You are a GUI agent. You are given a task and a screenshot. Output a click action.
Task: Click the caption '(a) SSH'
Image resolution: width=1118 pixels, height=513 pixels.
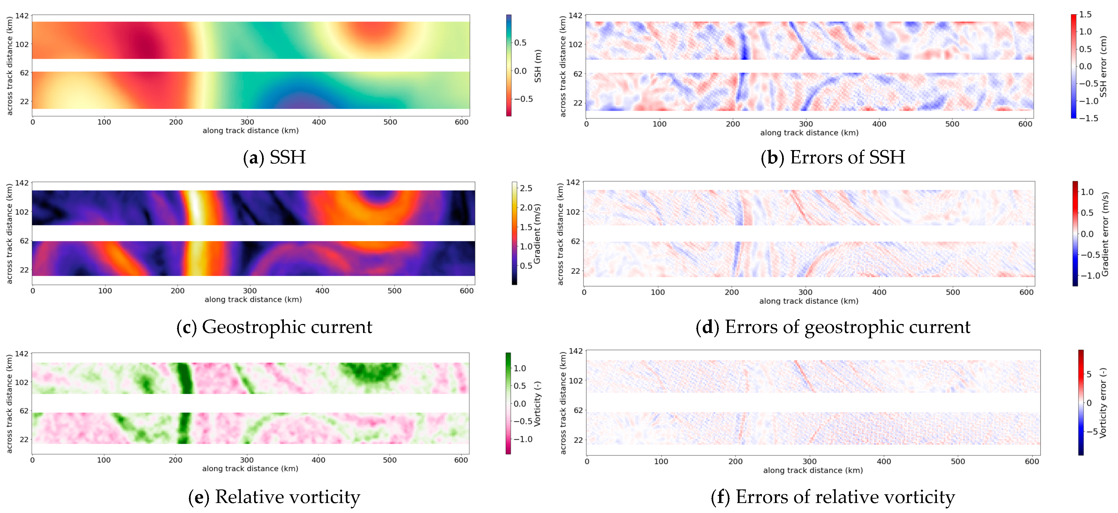pos(274,157)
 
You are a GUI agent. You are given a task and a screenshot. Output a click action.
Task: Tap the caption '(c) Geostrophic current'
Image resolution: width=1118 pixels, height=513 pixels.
pos(274,327)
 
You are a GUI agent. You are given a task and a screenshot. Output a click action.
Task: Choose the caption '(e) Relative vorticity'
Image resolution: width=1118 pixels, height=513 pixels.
pos(274,497)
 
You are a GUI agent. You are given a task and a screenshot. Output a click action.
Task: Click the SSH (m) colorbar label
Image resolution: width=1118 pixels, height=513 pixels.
pos(538,66)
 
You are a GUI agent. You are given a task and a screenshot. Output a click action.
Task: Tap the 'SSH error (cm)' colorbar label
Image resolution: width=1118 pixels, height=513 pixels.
pos(1103,66)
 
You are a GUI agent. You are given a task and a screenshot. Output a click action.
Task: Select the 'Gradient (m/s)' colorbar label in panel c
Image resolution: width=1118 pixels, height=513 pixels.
pos(537,234)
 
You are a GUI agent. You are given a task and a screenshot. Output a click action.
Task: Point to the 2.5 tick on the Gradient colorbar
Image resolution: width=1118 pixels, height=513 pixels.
pos(526,188)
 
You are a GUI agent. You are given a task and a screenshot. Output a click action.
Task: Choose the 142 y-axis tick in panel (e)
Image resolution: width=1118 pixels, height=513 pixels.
pos(22,354)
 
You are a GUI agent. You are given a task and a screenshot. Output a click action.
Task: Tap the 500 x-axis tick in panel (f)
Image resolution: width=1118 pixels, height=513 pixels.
pos(958,461)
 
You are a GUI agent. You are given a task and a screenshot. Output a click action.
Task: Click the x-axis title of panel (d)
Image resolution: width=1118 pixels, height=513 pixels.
pos(809,301)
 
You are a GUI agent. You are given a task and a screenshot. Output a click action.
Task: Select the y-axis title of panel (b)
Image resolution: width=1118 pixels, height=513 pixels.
pos(563,66)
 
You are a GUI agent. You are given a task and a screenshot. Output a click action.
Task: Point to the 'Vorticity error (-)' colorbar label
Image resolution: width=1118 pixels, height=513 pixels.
pos(1103,403)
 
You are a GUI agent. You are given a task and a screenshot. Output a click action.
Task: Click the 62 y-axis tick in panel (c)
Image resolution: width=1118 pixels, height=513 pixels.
pos(24,241)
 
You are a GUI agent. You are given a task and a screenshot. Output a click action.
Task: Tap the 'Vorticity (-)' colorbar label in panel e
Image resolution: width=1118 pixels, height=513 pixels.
pos(537,404)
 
